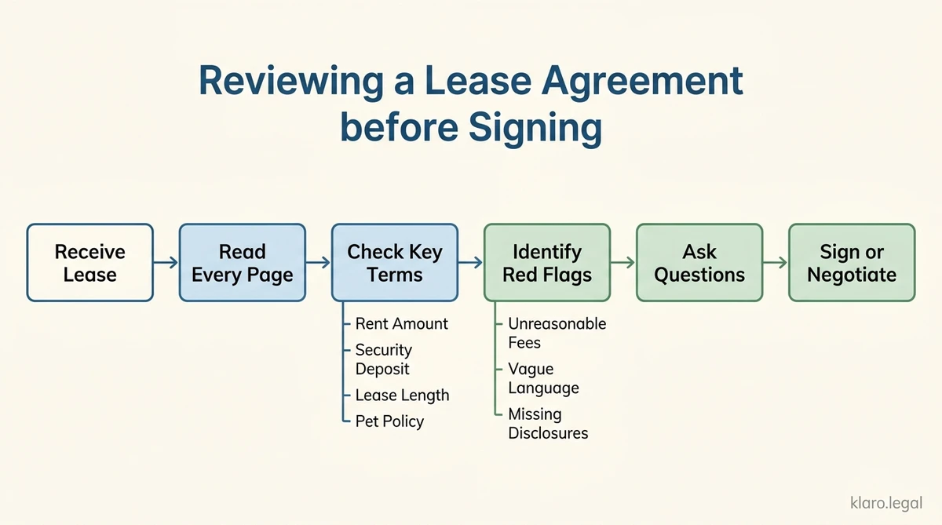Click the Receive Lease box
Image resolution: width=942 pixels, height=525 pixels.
tap(89, 263)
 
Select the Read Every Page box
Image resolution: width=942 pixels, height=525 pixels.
tap(242, 263)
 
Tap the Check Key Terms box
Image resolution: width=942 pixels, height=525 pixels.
tap(394, 263)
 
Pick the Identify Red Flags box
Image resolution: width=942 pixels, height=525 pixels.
tap(546, 263)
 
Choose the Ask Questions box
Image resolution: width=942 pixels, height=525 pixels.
tap(699, 263)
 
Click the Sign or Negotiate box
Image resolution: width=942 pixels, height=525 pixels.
tap(851, 263)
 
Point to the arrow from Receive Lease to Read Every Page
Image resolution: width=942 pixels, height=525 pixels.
tap(166, 263)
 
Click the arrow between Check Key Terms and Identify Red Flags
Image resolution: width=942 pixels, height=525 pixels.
tap(470, 263)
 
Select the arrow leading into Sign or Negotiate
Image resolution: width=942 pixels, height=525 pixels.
tap(775, 263)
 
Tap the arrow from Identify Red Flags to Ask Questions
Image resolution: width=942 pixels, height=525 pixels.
tap(623, 263)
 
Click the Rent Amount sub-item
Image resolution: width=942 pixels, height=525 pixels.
tap(401, 323)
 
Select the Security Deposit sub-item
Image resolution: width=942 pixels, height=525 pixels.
tap(383, 359)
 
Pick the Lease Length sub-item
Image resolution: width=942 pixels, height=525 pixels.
tap(402, 396)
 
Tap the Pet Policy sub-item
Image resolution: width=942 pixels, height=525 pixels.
tap(389, 421)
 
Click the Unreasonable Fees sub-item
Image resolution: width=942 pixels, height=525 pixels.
tap(557, 333)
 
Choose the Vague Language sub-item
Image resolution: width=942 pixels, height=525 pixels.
tap(543, 378)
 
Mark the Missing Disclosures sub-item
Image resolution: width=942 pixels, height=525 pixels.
tap(548, 424)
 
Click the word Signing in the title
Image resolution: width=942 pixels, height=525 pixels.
tap(535, 127)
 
